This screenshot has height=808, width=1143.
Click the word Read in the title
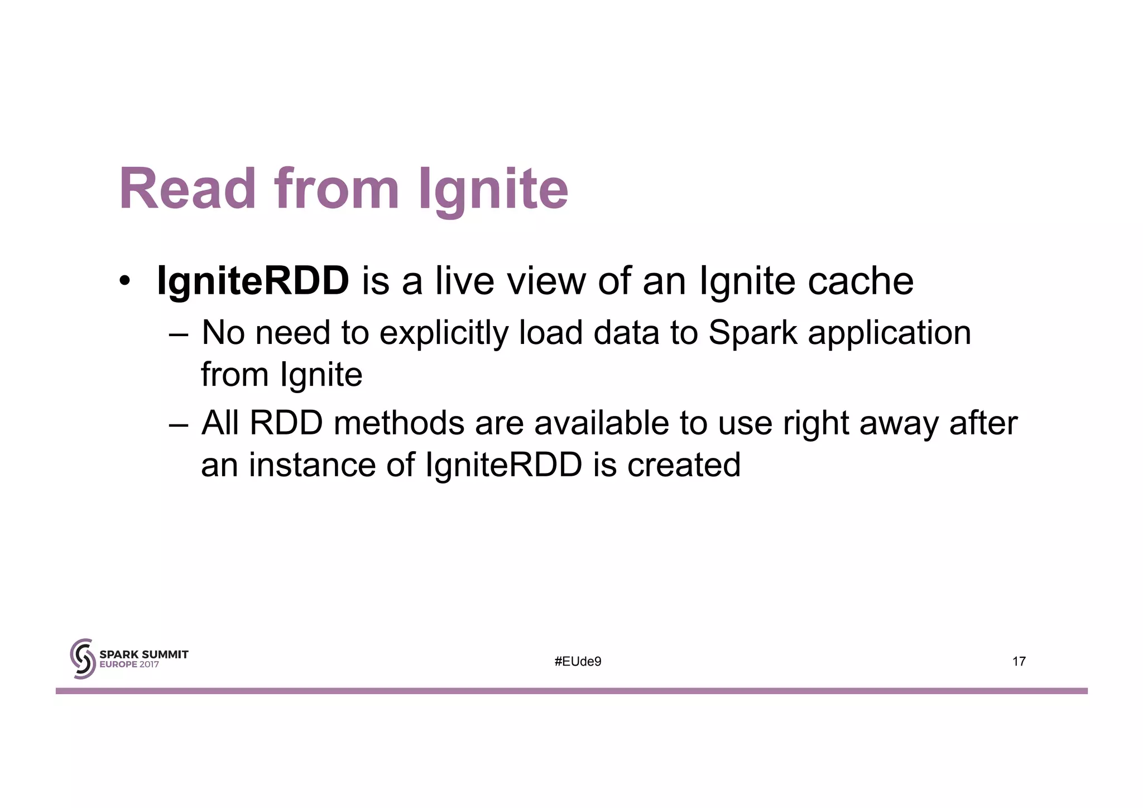click(187, 189)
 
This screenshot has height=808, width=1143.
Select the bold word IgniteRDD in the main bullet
click(253, 280)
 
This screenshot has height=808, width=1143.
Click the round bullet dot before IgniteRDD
click(124, 280)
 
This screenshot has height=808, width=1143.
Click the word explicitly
click(444, 333)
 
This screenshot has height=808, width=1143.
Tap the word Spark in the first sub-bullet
click(753, 333)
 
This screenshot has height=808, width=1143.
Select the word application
click(890, 333)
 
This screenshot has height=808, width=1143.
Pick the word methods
click(398, 423)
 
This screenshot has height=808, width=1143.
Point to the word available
click(601, 423)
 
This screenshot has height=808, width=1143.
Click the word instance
click(312, 465)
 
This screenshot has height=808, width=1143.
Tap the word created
click(684, 465)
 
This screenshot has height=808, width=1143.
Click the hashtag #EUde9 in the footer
click(578, 662)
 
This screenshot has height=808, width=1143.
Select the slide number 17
click(1019, 662)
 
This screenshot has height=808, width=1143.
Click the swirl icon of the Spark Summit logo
click(82, 659)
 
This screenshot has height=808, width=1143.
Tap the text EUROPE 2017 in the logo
click(129, 665)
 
